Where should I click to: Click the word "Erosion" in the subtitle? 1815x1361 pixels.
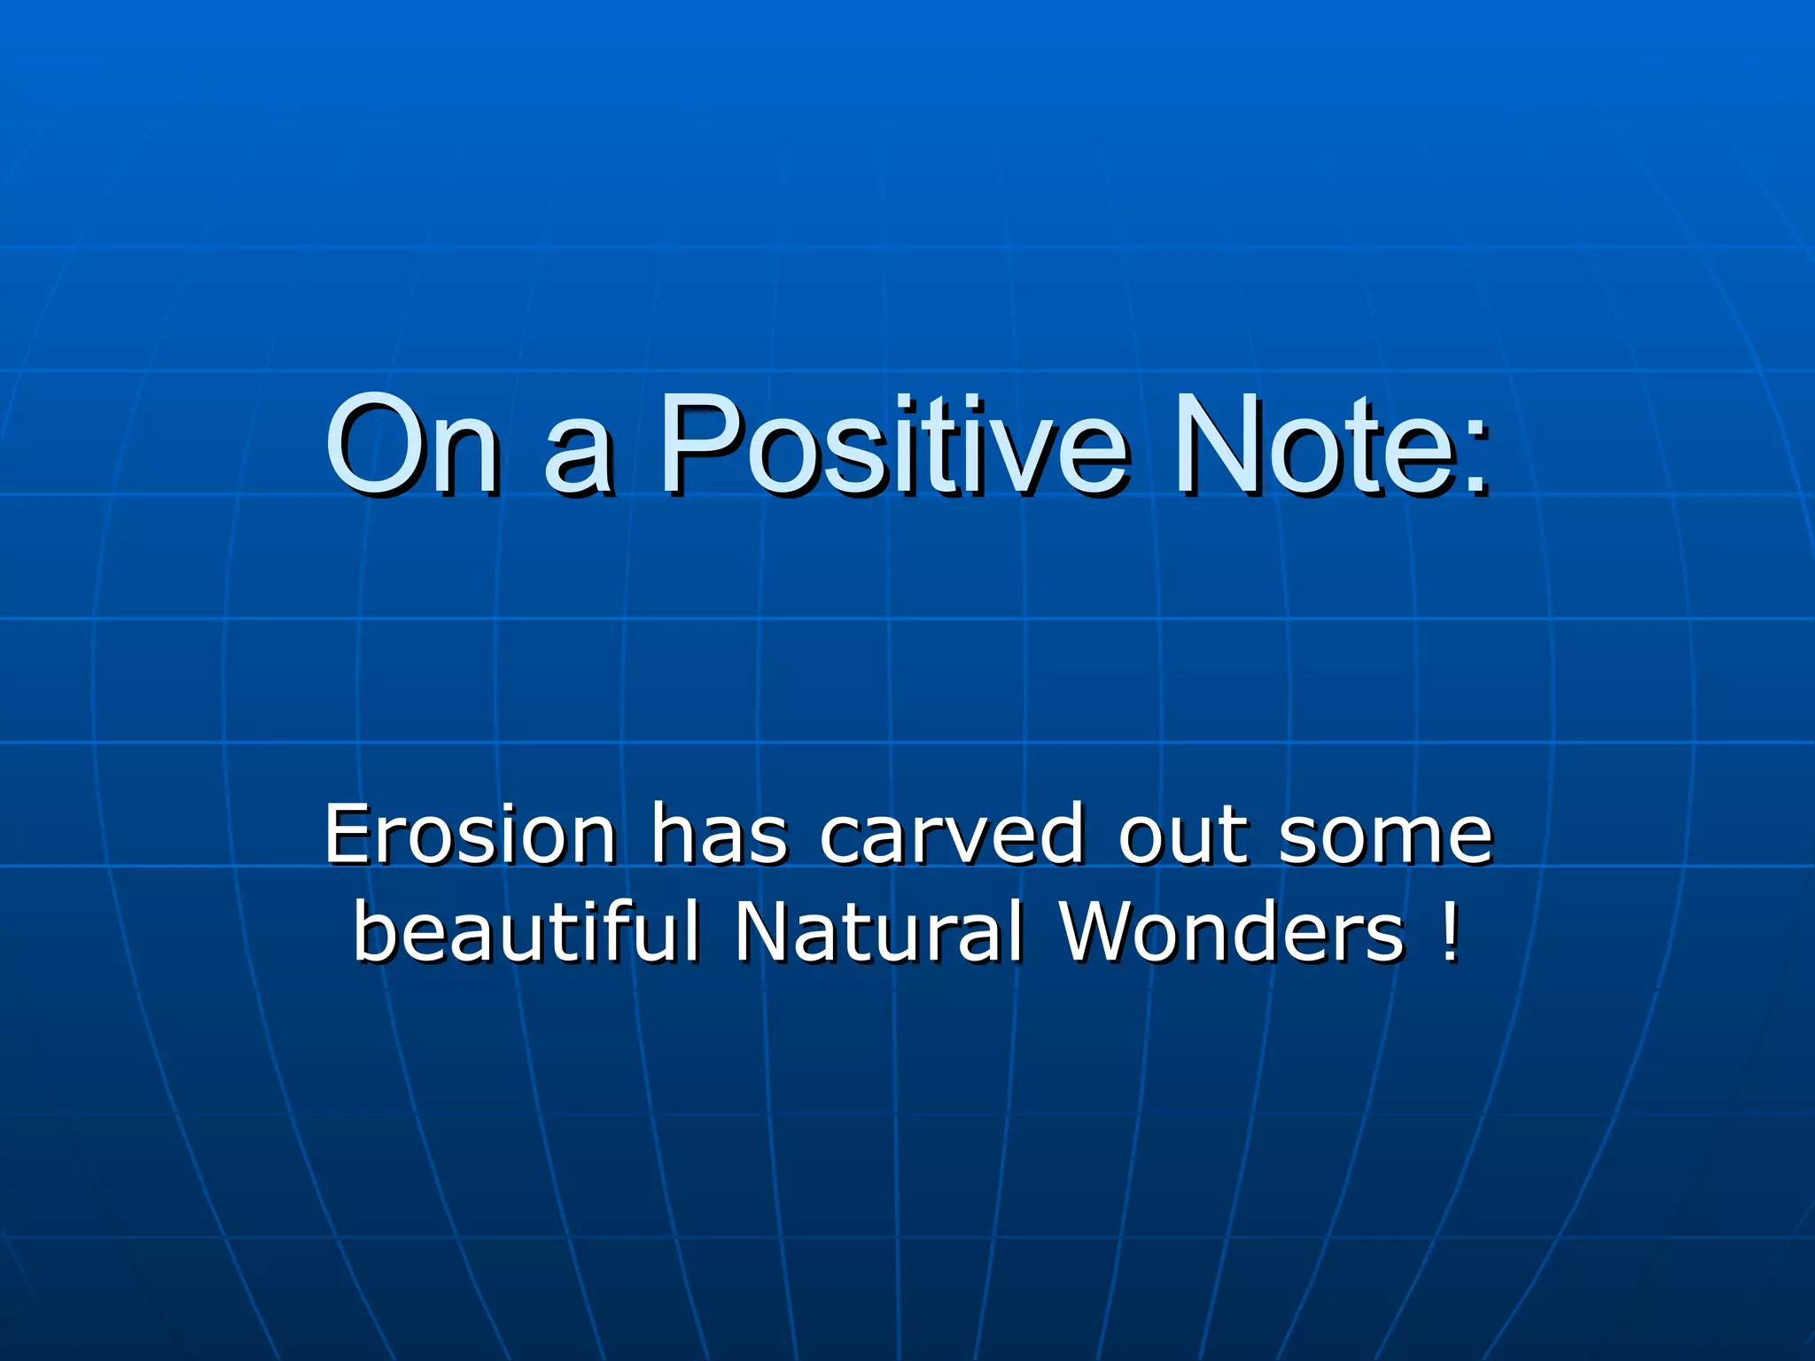click(470, 834)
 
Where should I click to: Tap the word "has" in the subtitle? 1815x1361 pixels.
click(719, 834)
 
